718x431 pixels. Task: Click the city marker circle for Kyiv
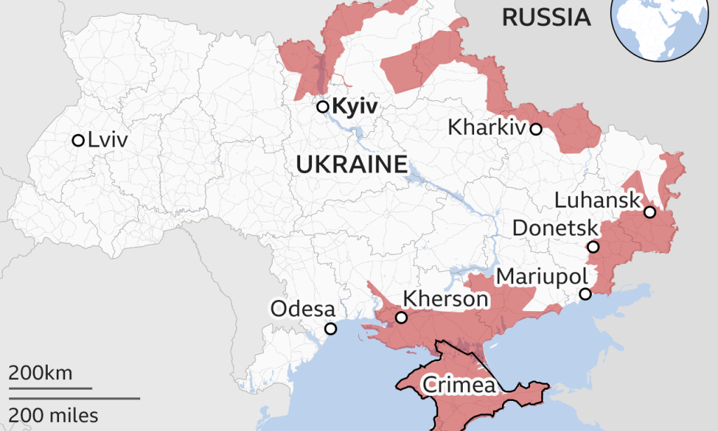[x=323, y=107]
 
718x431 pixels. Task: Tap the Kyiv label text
[x=355, y=107]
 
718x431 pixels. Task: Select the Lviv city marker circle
[x=78, y=140]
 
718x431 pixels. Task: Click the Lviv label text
[x=108, y=140]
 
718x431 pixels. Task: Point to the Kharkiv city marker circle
[x=536, y=129]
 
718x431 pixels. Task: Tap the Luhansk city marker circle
[x=650, y=212]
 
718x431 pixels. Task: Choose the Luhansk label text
[x=597, y=200]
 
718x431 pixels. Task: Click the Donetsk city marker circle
[x=593, y=247]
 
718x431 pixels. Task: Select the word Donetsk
[x=555, y=228]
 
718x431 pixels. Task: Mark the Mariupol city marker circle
[x=585, y=294]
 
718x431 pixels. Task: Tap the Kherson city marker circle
[x=401, y=317]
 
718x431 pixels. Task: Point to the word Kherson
[x=445, y=299]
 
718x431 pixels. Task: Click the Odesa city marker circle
[x=330, y=329]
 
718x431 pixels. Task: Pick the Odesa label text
[x=303, y=309]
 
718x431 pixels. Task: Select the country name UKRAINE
[x=352, y=165]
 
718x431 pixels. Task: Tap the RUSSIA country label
[x=546, y=18]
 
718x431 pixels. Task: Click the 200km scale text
[x=40, y=373]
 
